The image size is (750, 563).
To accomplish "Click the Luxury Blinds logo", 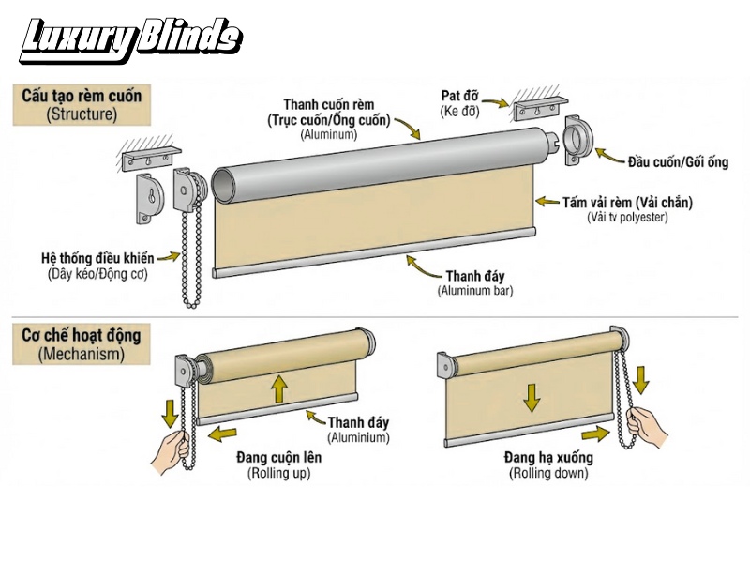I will coord(131,38).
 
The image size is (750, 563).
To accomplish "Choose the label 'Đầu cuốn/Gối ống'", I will coord(677,161).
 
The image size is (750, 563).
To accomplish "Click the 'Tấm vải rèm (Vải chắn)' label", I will coord(640,202).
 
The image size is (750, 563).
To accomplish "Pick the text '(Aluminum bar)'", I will coord(475,291).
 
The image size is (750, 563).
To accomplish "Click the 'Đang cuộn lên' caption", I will coord(280,457).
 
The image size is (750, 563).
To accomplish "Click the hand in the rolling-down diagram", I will coord(645,427).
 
